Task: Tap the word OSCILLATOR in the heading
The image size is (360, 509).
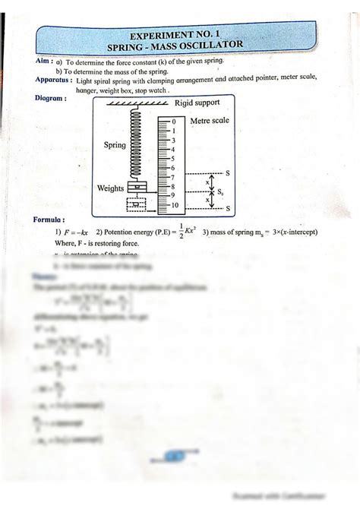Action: tap(215, 46)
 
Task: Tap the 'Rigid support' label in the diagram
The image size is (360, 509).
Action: tap(197, 103)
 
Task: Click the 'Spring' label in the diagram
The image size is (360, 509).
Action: tap(115, 144)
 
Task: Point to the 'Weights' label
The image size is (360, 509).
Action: tap(111, 188)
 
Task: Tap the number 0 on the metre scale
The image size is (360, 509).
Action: tap(173, 122)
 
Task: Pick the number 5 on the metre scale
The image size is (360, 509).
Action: tap(173, 159)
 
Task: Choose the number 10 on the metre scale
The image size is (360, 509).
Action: tap(174, 205)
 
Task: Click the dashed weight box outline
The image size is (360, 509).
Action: tap(137, 204)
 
